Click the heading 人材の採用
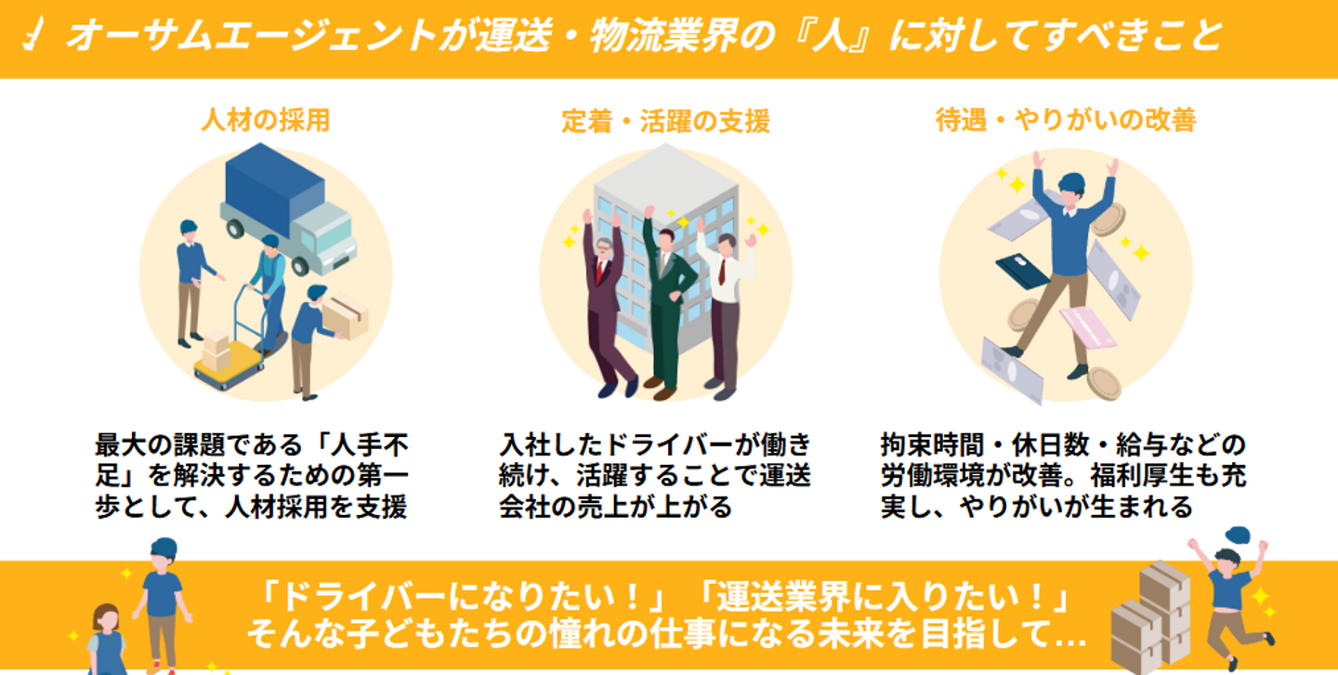(x=265, y=121)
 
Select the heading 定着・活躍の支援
(x=665, y=122)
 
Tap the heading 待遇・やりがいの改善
(x=1065, y=120)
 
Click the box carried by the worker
(x=345, y=314)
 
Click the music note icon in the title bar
(x=33, y=37)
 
